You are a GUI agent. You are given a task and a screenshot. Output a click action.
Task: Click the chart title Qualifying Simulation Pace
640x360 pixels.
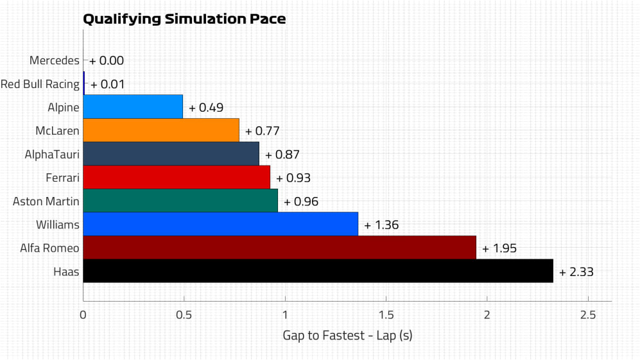click(184, 19)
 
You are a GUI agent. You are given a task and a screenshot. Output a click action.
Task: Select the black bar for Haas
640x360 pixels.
click(318, 271)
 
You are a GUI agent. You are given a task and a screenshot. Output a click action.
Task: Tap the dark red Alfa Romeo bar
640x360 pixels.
click(279, 248)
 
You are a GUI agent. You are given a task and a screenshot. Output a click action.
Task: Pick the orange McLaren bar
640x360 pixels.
click(160, 130)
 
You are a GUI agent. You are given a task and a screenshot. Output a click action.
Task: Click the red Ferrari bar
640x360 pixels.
click(177, 177)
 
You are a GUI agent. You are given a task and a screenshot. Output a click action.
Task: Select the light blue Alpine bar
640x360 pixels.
click(133, 107)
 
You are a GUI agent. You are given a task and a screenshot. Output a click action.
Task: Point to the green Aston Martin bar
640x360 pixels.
click(180, 201)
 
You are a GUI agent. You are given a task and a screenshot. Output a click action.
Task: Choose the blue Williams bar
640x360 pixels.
click(220, 224)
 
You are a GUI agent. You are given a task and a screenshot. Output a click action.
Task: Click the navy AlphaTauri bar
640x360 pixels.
click(171, 154)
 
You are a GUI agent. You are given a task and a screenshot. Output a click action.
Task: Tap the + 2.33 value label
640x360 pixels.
click(576, 271)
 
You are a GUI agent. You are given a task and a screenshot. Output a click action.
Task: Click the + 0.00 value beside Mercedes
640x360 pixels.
click(106, 60)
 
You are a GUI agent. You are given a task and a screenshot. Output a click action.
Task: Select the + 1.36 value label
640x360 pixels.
click(381, 225)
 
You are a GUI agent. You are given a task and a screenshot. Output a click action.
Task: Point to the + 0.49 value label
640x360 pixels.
click(205, 107)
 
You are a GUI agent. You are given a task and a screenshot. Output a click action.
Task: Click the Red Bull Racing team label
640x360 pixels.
click(40, 84)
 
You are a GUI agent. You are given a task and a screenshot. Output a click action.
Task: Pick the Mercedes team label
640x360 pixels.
click(55, 60)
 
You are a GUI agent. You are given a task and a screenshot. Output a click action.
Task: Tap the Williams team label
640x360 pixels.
click(58, 225)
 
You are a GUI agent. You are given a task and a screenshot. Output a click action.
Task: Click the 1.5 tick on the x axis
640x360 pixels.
click(386, 314)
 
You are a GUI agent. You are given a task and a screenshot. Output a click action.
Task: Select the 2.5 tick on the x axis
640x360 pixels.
click(588, 314)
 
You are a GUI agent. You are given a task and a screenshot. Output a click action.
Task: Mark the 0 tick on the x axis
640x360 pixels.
click(83, 314)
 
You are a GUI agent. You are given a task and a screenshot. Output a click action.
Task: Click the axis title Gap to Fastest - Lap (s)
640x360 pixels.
click(347, 335)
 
